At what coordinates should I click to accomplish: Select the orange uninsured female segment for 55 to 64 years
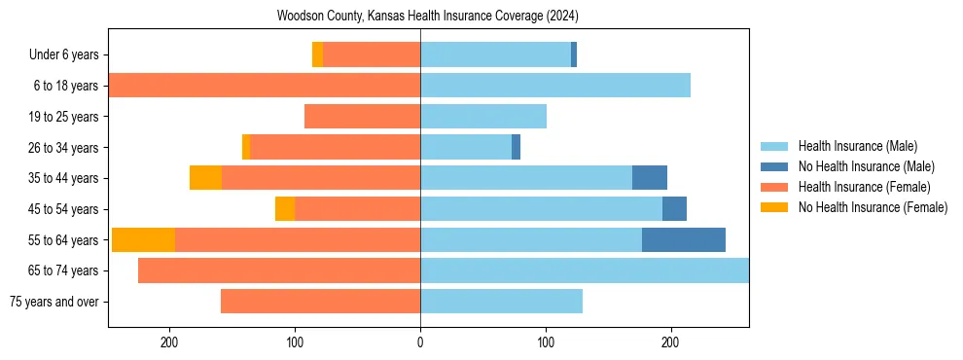(x=144, y=239)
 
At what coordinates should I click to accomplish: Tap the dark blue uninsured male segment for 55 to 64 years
(x=684, y=239)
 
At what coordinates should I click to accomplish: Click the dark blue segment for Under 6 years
(x=574, y=54)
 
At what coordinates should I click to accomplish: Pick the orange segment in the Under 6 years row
(x=318, y=54)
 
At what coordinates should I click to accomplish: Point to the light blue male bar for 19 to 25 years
(x=483, y=117)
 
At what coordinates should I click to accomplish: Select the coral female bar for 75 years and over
(x=321, y=302)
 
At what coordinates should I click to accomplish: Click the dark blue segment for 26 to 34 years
(x=517, y=147)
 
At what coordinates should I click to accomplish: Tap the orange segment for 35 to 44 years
(x=205, y=178)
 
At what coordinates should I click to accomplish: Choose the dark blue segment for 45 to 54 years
(x=674, y=208)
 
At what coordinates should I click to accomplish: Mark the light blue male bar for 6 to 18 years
(x=555, y=86)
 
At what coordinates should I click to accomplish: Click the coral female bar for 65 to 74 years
(x=279, y=270)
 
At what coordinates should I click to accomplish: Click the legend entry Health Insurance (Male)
(x=857, y=146)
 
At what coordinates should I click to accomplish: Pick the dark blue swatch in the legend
(x=774, y=166)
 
